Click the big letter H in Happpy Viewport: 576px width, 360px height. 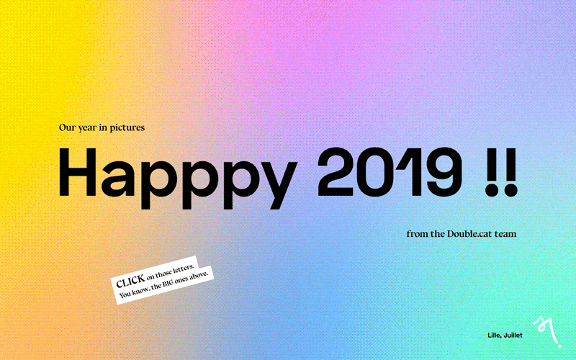point(79,173)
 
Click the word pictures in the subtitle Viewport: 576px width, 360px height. point(127,127)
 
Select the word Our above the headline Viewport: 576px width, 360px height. point(66,127)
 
